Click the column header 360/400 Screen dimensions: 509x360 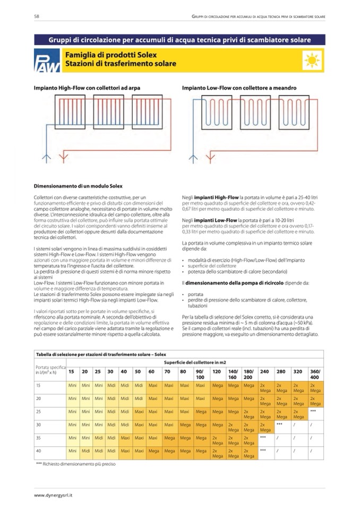[315, 374]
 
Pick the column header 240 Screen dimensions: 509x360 [264, 371]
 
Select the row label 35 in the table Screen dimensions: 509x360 [38, 438]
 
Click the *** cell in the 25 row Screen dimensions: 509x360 [313, 411]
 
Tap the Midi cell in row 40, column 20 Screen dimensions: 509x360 [85, 451]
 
